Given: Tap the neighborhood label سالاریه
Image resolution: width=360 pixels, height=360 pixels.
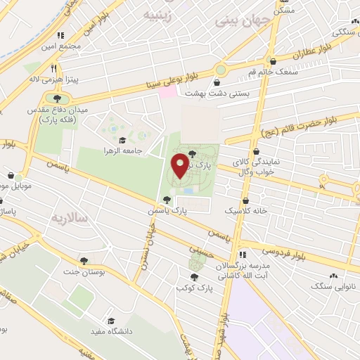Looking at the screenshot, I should point(69,218).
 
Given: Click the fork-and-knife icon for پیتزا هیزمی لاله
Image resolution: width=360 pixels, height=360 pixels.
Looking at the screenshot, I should point(54,68).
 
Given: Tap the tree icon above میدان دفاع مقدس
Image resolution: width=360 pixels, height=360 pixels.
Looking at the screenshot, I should point(57,98).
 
